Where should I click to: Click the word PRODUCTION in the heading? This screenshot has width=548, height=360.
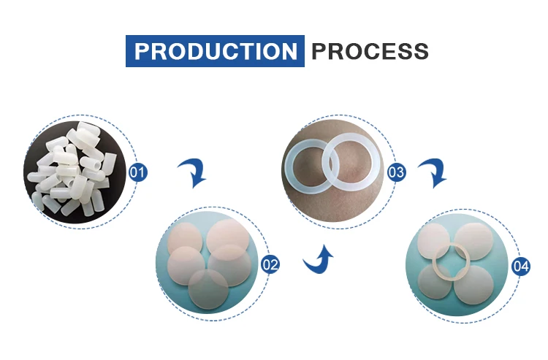click(216, 51)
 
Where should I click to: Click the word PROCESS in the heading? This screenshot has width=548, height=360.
click(370, 51)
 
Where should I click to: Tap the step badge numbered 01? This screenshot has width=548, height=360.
click(137, 172)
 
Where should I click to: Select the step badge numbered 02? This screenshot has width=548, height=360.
click(270, 264)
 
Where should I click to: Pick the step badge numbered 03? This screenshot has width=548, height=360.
click(396, 172)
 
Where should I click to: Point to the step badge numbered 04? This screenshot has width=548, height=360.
click(521, 266)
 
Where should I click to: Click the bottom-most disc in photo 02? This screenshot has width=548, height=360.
click(208, 290)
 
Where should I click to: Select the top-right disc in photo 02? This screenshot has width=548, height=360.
click(228, 237)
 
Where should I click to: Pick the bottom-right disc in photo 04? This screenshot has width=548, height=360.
click(474, 285)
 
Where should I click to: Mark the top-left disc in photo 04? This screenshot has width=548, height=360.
click(433, 240)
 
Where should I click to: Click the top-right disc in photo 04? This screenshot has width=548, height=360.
click(474, 241)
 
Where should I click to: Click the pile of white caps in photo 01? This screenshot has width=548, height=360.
click(72, 168)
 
